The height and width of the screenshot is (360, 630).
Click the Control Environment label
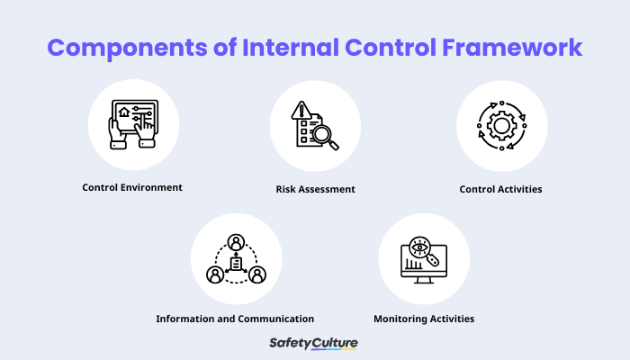(x=132, y=188)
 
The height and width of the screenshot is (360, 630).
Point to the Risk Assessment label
(x=315, y=190)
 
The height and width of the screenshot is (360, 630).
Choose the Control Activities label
(x=500, y=190)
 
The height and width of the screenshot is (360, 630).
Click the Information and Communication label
(x=235, y=319)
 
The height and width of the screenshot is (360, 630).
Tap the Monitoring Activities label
(x=424, y=319)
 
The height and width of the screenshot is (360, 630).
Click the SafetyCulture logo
(x=315, y=343)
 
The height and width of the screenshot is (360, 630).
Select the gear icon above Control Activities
(x=500, y=126)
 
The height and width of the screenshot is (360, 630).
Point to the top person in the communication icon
(x=236, y=241)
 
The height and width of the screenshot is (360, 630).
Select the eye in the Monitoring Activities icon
(x=418, y=246)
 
